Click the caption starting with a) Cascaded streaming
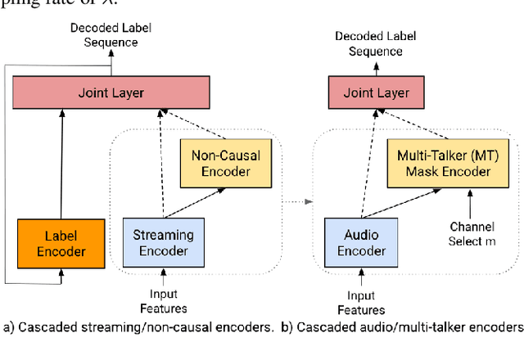(137, 327)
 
